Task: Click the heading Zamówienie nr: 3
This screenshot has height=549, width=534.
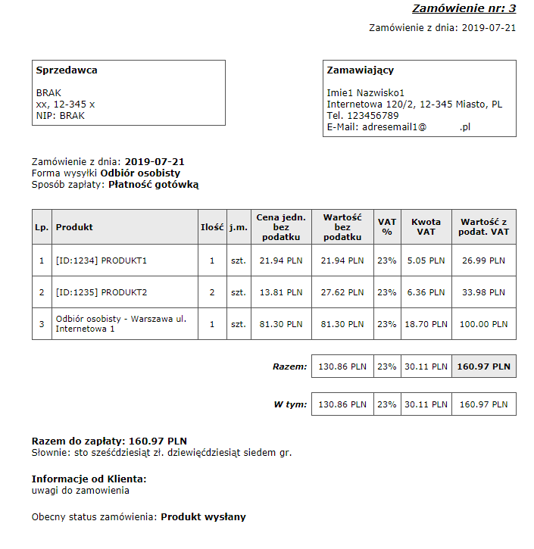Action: pos(464,9)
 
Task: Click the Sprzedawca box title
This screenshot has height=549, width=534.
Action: pos(67,70)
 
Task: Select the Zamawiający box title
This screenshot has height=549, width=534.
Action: pos(360,70)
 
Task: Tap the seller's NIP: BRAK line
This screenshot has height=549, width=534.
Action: pos(61,116)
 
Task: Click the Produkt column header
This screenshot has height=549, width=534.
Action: pos(74,227)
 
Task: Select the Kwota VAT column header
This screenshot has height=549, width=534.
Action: pos(426,227)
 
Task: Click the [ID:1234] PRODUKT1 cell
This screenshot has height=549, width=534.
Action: pos(101,260)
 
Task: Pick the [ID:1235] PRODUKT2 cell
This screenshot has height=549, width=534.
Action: pos(101,292)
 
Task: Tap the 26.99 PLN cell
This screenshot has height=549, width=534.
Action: pos(483,260)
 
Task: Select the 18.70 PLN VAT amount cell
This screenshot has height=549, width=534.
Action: pos(426,324)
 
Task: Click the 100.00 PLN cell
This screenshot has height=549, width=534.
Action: pos(483,324)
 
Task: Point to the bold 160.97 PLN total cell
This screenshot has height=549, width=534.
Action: pos(483,367)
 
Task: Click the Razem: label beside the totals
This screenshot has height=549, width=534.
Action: pos(290,367)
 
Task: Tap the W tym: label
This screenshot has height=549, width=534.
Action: pos(290,404)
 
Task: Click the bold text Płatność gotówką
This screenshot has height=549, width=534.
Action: pos(154,184)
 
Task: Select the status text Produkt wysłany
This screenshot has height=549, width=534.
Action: pos(203,517)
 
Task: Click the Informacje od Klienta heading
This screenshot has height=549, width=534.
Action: pos(89,479)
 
